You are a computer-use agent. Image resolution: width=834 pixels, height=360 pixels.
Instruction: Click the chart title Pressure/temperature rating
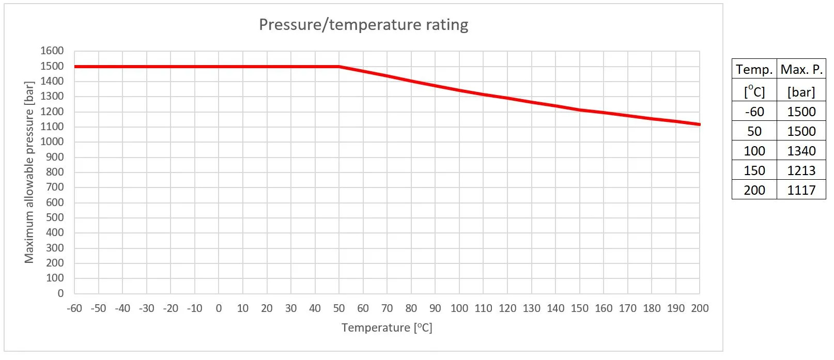click(363, 25)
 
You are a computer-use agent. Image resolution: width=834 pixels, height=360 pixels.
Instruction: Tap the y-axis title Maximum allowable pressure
click(29, 172)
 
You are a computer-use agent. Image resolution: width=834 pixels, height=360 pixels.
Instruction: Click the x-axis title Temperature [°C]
click(387, 327)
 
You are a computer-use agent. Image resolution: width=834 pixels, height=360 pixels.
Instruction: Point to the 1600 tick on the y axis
click(52, 51)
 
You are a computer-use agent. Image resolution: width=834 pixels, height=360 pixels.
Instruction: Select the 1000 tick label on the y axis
click(52, 142)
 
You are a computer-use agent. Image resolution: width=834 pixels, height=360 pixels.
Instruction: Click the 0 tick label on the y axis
click(60, 293)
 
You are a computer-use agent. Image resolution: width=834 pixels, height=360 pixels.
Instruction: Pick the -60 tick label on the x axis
click(74, 308)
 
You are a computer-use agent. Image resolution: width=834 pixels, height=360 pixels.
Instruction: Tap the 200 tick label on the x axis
click(700, 308)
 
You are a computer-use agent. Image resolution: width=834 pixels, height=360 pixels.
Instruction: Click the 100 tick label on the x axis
click(459, 308)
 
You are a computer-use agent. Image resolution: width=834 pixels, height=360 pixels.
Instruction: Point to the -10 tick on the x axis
click(194, 308)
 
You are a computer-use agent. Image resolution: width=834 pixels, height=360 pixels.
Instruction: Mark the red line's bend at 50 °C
click(339, 67)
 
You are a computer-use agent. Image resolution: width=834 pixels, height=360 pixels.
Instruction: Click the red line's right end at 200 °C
click(699, 124)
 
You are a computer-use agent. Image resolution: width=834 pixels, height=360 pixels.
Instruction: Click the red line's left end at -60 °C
click(75, 67)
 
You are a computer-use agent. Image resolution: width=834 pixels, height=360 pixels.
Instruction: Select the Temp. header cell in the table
click(754, 69)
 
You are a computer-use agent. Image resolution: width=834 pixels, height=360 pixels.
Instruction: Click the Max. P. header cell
click(801, 69)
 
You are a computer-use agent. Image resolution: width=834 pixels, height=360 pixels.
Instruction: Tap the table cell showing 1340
click(801, 151)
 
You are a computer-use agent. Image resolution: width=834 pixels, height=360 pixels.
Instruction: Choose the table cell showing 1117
click(801, 190)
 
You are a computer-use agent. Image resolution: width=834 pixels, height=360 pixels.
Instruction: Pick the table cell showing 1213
click(801, 170)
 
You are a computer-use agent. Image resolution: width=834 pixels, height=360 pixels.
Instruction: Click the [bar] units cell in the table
click(801, 92)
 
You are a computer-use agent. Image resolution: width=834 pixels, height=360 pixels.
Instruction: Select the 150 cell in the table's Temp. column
click(754, 170)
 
